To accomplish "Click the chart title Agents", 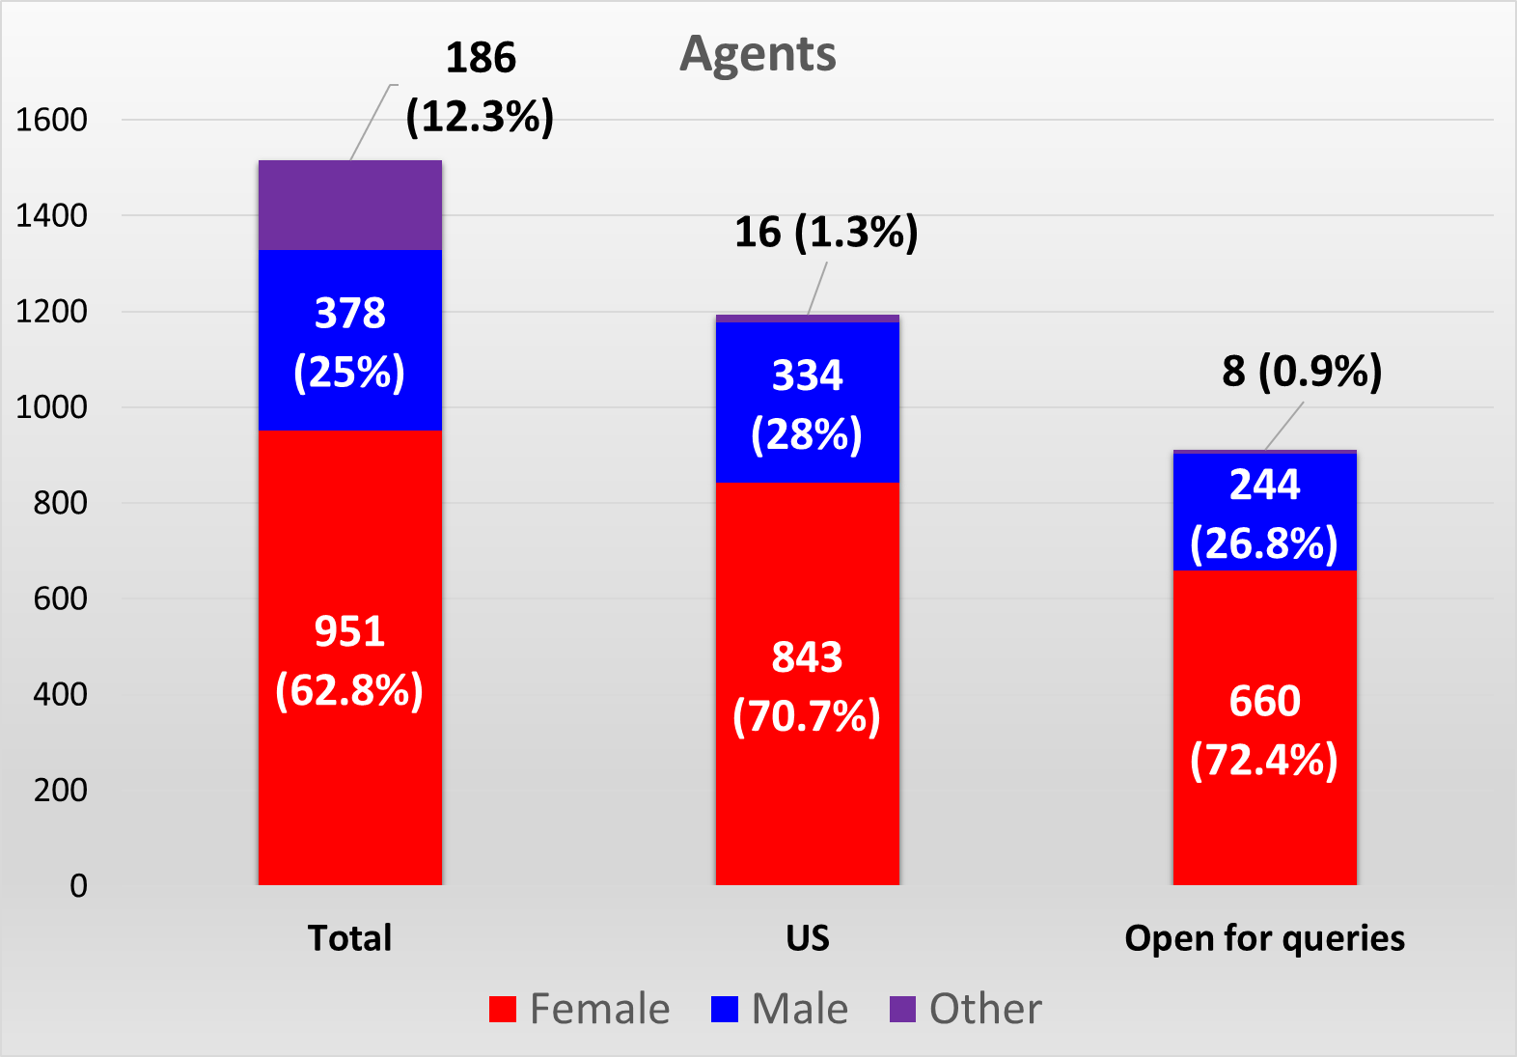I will pos(758,54).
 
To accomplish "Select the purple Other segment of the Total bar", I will pos(349,205).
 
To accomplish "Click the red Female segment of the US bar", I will pos(807,579).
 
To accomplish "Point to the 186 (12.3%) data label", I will pos(480,87).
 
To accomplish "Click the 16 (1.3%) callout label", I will pos(826,233).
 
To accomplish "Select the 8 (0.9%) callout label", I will pos(1302,372).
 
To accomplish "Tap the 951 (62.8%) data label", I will pos(349,661).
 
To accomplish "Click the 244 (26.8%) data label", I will pos(1264,515).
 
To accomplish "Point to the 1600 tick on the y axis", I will pos(51,120).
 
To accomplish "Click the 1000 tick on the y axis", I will pos(51,406).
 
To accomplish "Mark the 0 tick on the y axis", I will pos(78,885).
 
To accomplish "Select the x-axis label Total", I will pos(349,938).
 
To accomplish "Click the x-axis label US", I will pos(807,938).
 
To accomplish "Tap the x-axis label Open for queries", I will pos(1264,938).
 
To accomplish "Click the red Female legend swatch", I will pos(503,1009).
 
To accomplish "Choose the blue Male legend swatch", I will pos(725,1009).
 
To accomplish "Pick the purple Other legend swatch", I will pos(902,1009).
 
